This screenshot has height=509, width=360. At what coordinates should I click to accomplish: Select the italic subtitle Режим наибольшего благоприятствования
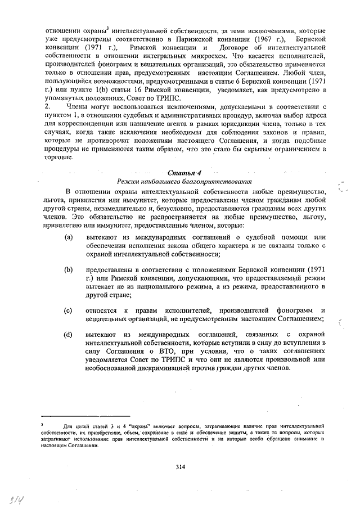(x=181, y=182)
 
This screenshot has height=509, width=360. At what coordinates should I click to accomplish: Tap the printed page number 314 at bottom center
(x=180, y=467)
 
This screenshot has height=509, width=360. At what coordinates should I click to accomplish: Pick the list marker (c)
(x=68, y=310)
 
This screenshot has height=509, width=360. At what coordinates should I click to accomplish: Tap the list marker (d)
(x=68, y=335)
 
